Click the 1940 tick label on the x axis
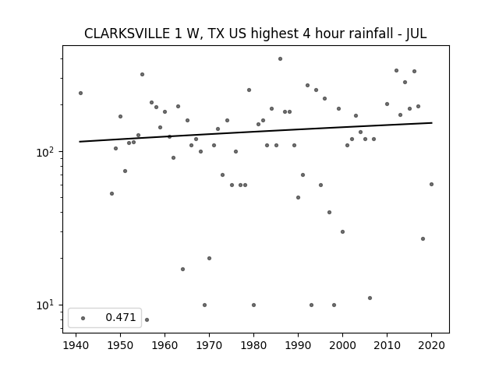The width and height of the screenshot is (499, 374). [x=76, y=345]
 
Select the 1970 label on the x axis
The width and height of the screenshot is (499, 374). [x=209, y=345]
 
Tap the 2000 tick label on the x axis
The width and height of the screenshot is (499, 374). [x=342, y=345]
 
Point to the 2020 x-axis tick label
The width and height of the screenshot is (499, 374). [x=431, y=345]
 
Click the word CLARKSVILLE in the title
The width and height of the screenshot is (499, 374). [x=127, y=34]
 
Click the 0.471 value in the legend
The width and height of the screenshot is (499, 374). [x=121, y=317]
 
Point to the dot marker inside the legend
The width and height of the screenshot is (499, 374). [x=83, y=318]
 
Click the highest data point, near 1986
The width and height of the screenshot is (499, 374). [x=280, y=59]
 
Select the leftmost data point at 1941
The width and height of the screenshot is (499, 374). [x=80, y=93]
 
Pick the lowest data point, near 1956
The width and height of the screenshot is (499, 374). [x=147, y=319]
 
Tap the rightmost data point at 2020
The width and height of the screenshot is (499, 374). [x=431, y=184]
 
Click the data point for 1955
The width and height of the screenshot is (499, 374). [x=142, y=75]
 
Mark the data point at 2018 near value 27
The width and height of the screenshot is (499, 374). [x=423, y=239]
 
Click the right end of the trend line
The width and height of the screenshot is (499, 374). [x=432, y=123]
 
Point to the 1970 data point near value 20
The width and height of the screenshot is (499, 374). [x=209, y=258]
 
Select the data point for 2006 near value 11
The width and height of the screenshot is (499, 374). [x=370, y=298]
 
